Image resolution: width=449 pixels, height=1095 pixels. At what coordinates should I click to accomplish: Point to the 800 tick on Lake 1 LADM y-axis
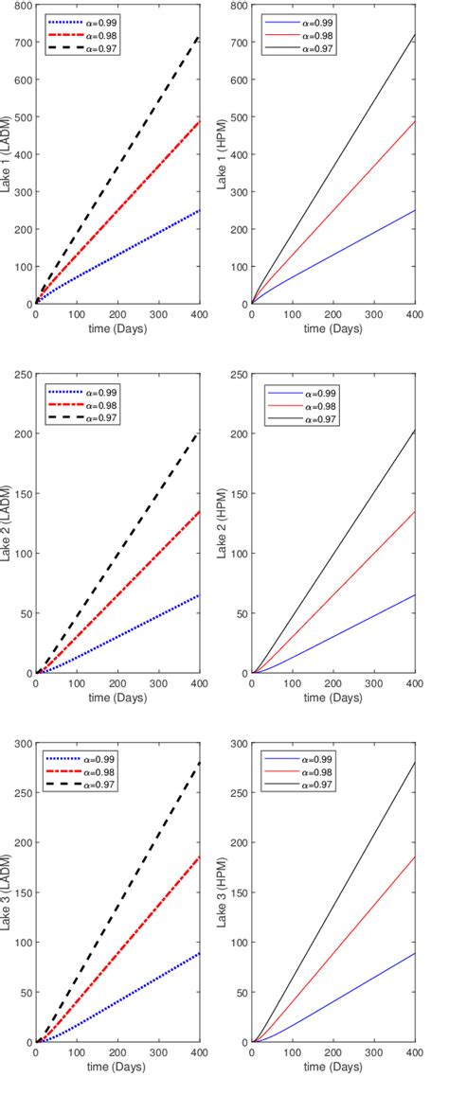pos(20,6)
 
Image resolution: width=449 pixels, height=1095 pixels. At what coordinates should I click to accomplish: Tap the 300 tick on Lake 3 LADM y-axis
pos(20,743)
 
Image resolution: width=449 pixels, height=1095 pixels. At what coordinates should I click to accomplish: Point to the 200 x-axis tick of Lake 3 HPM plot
pos(332,1052)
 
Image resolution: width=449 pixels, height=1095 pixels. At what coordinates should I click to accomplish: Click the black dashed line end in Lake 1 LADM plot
pos(198,36)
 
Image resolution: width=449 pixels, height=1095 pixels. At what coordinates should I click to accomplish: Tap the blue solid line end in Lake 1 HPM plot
pos(414,210)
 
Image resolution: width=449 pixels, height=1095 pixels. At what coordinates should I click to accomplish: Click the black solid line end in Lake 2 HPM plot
pos(414,431)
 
